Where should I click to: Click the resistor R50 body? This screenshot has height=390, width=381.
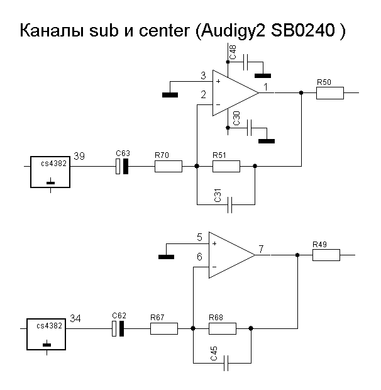point(330,93)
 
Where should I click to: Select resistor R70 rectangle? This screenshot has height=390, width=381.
point(168,166)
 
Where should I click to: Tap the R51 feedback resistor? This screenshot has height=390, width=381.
point(226,166)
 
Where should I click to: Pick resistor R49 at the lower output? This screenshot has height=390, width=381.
point(326,255)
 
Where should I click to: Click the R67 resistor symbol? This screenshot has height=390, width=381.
point(164,328)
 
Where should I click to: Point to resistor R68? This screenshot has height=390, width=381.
point(223,328)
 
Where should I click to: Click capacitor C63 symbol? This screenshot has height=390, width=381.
point(122,166)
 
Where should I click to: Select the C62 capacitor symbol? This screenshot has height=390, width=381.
point(118,328)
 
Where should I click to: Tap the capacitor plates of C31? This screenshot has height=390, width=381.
point(230,204)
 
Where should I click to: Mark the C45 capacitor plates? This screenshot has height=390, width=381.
point(226,363)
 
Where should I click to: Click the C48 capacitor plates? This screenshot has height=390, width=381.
point(246,62)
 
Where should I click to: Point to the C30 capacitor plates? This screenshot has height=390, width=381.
point(249,128)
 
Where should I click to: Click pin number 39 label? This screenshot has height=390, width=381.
point(79,156)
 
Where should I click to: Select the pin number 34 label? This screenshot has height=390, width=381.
point(75,319)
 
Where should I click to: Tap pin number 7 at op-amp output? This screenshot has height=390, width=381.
point(261,249)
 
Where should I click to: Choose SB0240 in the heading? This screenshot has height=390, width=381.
point(302,30)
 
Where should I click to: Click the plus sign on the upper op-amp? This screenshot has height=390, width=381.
point(218,81)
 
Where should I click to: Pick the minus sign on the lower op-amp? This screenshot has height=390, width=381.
point(214,267)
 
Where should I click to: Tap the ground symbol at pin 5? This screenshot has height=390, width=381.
point(166,257)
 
